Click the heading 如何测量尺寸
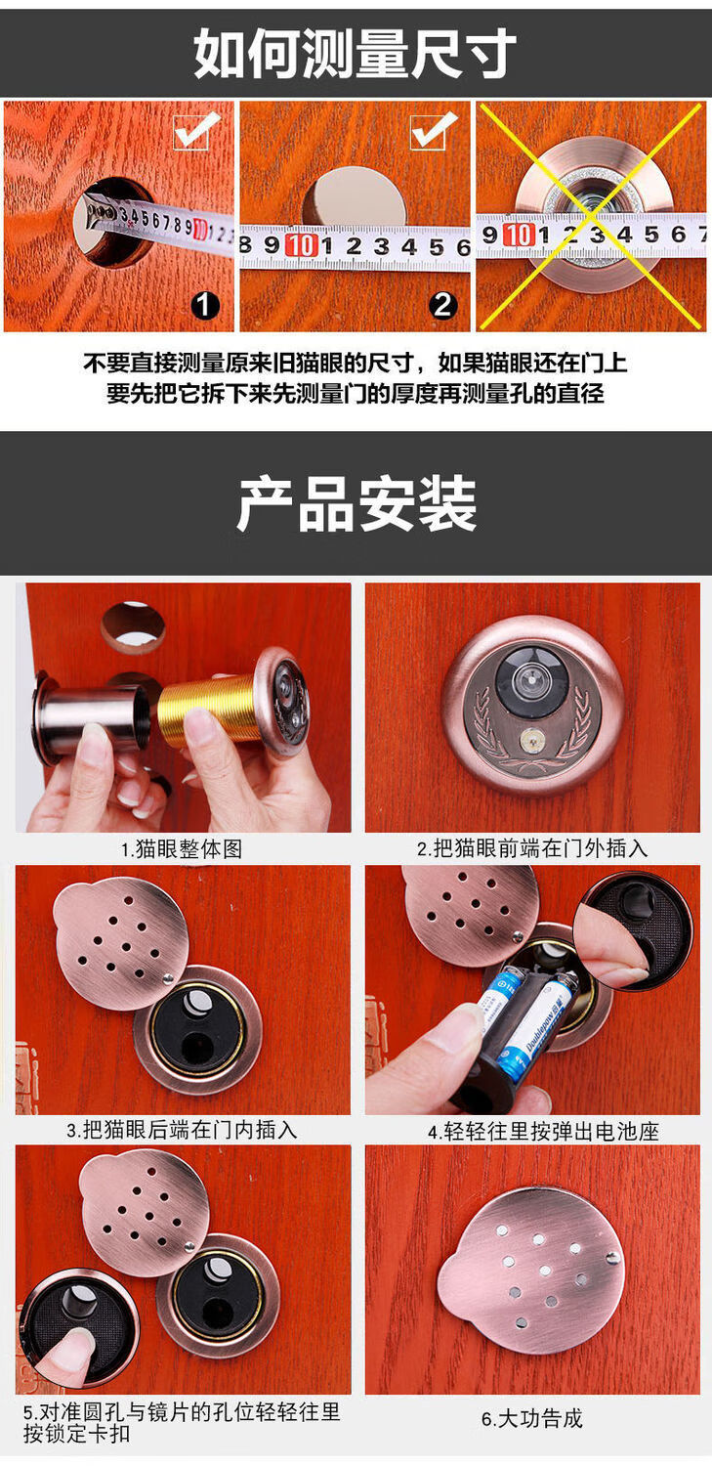click(x=355, y=53)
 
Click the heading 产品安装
click(x=356, y=504)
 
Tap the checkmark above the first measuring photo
click(x=193, y=131)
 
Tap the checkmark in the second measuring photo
click(x=432, y=129)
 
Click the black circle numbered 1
click(x=204, y=306)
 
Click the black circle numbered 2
click(x=443, y=306)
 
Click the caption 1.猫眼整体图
click(x=182, y=849)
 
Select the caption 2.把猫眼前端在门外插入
click(x=532, y=849)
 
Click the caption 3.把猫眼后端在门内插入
click(x=182, y=1131)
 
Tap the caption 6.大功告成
click(x=532, y=1419)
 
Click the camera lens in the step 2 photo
click(x=530, y=677)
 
